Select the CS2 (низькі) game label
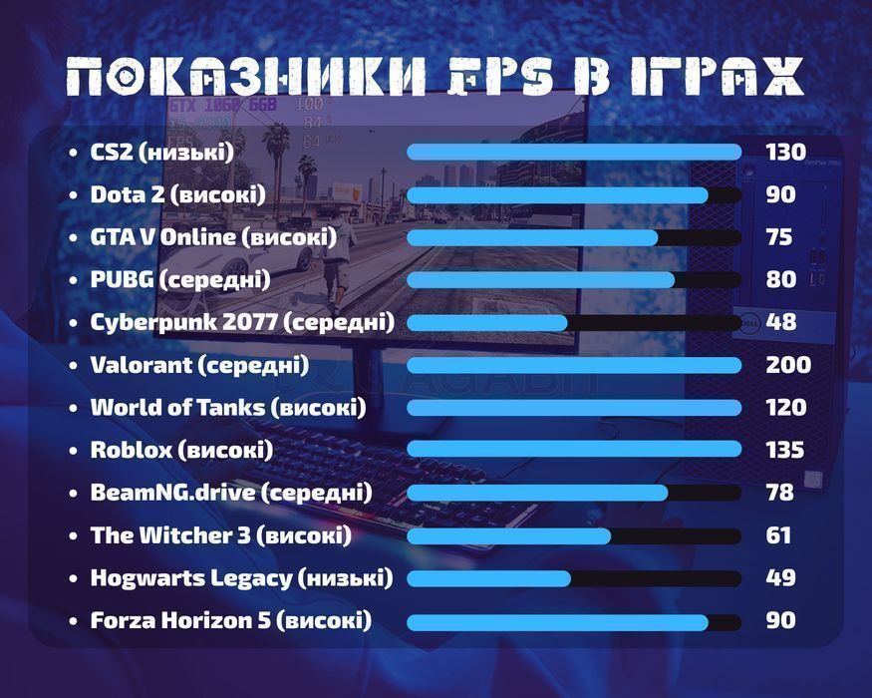(161, 152)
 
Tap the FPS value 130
(785, 152)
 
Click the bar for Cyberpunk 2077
(574, 323)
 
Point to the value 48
(780, 322)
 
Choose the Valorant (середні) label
(199, 365)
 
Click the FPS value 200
(787, 365)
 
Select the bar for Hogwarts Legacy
(574, 578)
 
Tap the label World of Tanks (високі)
(228, 408)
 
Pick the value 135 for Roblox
(785, 450)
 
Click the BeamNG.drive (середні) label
(231, 493)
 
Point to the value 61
(778, 535)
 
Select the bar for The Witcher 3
(574, 536)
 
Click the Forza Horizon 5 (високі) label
(231, 620)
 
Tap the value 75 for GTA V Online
(779, 237)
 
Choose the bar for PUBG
(574, 280)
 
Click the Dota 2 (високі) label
(178, 194)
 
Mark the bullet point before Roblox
(73, 451)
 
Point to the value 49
(780, 577)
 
